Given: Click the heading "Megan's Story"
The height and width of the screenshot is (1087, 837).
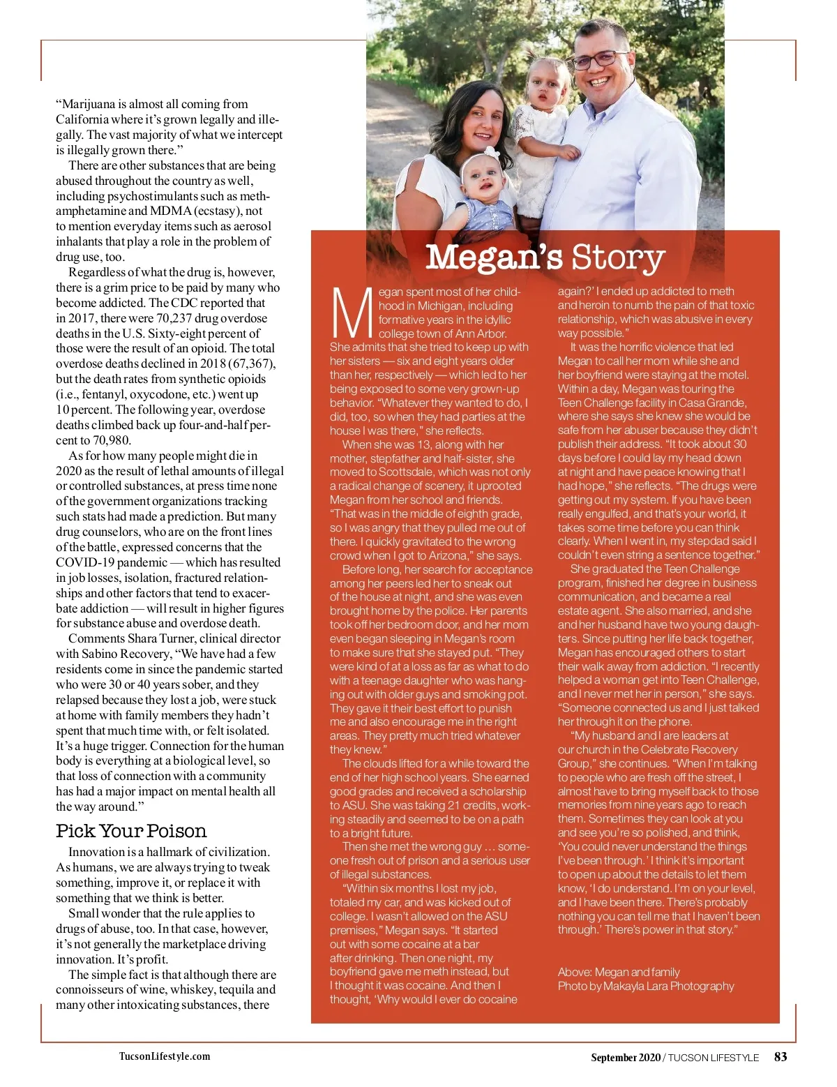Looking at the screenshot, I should pyautogui.click(x=545, y=257).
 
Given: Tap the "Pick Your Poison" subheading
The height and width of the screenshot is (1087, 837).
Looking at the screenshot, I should pyautogui.click(x=131, y=831).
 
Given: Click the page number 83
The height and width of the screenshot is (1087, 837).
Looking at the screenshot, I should pyautogui.click(x=781, y=1056).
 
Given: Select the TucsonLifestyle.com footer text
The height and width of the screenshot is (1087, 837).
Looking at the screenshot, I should pyautogui.click(x=165, y=1056).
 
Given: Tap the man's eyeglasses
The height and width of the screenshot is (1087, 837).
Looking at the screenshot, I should pyautogui.click(x=600, y=59).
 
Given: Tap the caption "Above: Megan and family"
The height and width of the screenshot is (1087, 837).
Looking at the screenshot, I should pyautogui.click(x=619, y=972).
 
